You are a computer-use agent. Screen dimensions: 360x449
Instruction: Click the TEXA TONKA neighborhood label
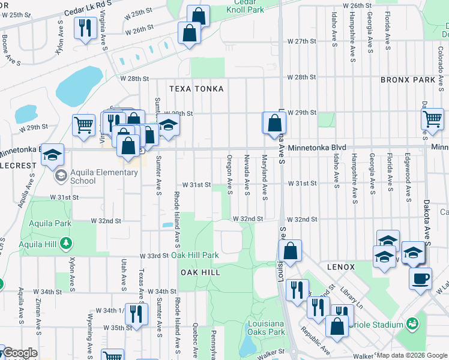[x=196, y=89]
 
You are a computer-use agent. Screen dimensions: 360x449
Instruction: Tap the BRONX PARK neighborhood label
[x=407, y=80]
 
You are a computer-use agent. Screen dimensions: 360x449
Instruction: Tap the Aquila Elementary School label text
[x=100, y=176]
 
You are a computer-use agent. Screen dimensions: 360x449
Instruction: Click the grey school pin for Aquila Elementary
[x=61, y=176]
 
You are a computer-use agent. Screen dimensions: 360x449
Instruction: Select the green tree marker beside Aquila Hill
[x=70, y=244]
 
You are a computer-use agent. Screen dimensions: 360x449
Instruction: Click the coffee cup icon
[x=421, y=278]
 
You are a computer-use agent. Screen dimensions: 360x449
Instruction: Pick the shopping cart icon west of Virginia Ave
[x=83, y=125]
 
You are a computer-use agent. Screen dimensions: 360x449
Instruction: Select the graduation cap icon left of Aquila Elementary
[x=52, y=155]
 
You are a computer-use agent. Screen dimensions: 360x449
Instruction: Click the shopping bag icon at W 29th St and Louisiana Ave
[x=274, y=123]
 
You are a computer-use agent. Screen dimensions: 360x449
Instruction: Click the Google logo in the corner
[x=20, y=353]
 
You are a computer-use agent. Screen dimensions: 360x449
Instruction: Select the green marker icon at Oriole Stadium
[x=412, y=325]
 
